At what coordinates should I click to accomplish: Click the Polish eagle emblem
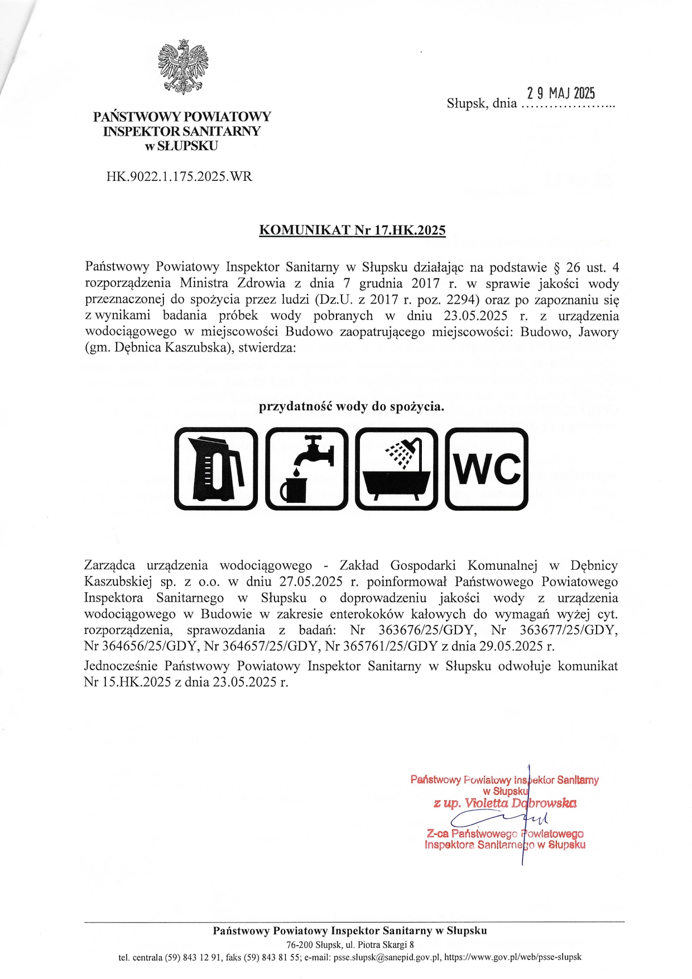point(183,66)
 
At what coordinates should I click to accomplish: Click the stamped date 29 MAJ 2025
point(561,93)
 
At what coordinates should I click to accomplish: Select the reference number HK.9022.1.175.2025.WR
point(179,177)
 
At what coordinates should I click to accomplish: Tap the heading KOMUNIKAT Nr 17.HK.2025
point(352,230)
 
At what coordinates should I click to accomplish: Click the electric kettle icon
point(217,469)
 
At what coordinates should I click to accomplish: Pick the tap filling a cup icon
point(306,469)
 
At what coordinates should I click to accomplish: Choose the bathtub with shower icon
point(397,469)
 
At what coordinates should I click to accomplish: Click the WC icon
point(487,469)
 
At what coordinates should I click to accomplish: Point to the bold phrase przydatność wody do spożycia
point(352,406)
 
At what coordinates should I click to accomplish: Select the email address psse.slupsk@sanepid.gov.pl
point(387,957)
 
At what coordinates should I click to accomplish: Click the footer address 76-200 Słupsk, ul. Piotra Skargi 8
point(350,944)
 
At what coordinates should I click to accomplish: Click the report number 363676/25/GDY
point(427,630)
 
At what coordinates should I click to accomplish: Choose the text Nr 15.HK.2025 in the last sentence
point(127,682)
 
